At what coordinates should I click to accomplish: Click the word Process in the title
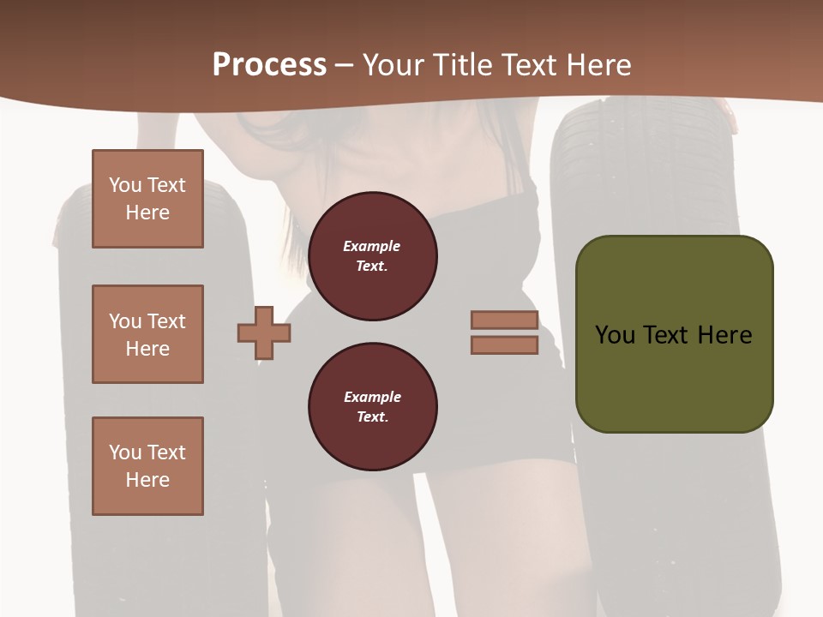point(269,65)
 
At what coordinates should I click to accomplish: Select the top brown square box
point(147,199)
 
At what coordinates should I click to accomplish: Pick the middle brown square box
point(147,334)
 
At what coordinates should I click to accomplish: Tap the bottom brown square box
point(147,466)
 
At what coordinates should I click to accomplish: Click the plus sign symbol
point(264,332)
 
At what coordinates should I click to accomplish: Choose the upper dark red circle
point(372,256)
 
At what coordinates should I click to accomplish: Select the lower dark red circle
point(372,407)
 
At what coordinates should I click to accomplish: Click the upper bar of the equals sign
point(504,320)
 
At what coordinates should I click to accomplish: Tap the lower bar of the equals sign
point(504,345)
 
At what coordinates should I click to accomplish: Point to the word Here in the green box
point(724,335)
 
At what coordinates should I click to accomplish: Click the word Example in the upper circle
point(372,247)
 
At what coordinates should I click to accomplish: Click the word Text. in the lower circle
point(372,417)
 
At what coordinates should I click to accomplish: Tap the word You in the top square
point(125,185)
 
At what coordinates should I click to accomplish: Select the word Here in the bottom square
point(147,480)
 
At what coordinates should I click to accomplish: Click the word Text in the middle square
point(166,321)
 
